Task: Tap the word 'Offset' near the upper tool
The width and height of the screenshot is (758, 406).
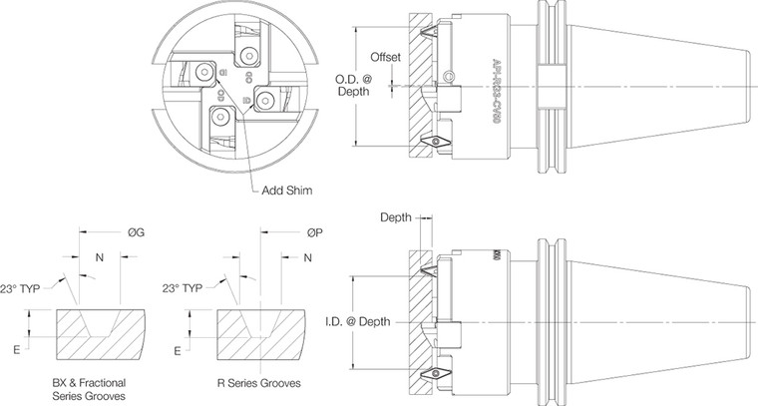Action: pos(385,57)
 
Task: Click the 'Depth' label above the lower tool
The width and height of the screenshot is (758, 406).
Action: pos(397,217)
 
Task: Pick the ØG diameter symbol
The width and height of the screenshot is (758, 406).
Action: pos(138,232)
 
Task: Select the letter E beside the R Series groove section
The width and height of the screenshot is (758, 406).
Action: pos(177,351)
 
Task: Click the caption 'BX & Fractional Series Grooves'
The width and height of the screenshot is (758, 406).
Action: pos(89,390)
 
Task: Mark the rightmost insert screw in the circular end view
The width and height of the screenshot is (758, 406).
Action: pos(266,97)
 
